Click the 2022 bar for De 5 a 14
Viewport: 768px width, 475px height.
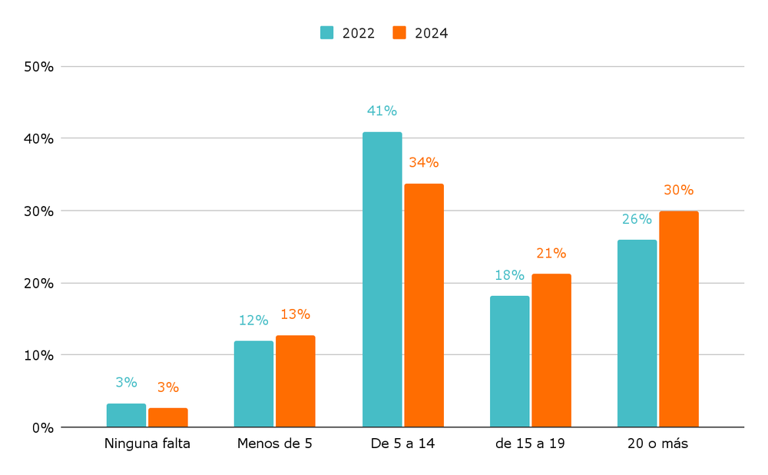tap(382, 280)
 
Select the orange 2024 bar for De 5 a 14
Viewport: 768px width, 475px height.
tap(424, 305)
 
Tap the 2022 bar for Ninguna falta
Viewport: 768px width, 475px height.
tap(126, 415)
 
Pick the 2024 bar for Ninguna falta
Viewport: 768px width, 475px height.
tap(168, 417)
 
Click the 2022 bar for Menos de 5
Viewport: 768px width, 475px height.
tap(253, 384)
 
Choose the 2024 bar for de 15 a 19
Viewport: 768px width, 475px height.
tap(551, 350)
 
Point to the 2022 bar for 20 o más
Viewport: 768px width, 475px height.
tap(637, 334)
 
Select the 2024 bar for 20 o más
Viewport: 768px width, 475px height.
tap(679, 319)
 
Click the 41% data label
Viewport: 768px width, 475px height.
tap(382, 111)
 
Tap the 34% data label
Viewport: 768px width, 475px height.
tap(423, 163)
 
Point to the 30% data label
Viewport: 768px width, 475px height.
tap(678, 190)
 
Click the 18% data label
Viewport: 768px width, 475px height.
tap(509, 275)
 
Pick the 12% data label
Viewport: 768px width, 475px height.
tap(253, 320)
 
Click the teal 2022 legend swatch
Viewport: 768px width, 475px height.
tap(327, 33)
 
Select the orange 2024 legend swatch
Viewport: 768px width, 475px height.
tap(399, 33)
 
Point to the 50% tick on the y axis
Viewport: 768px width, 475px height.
tap(38, 67)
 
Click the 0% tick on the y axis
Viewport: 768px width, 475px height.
tap(42, 427)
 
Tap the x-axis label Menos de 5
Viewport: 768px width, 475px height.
tap(275, 443)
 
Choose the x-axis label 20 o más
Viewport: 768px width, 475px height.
tap(658, 443)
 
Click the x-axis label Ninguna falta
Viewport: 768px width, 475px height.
tap(147, 443)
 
